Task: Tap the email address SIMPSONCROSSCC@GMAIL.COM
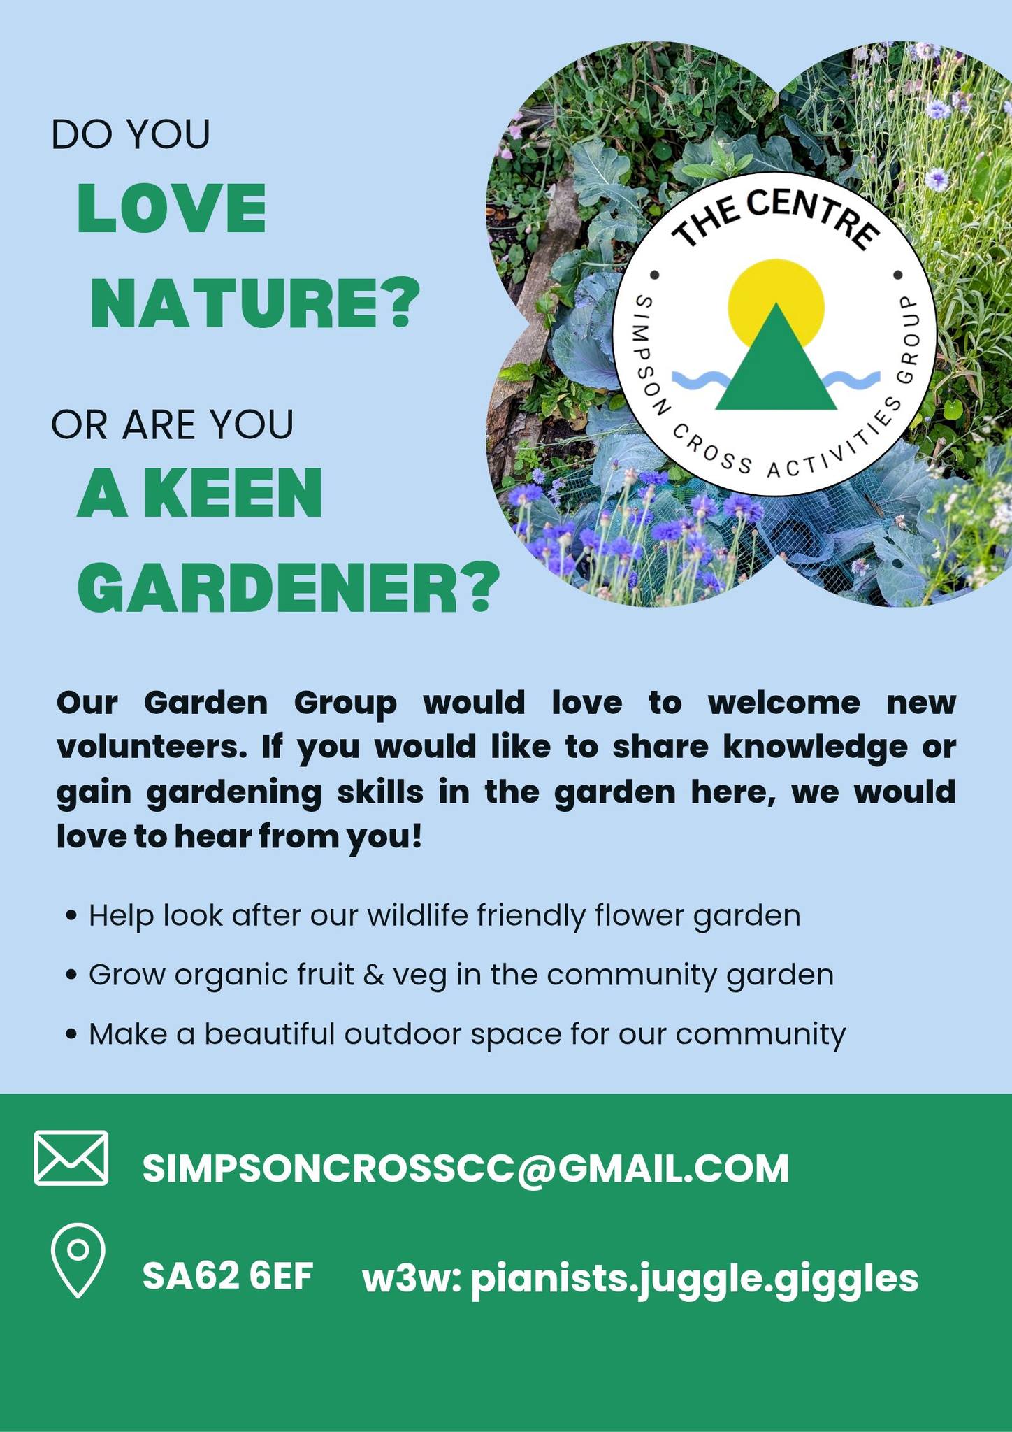(466, 1168)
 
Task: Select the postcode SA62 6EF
(228, 1276)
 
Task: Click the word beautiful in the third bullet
(270, 1033)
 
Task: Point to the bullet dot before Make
(71, 1035)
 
